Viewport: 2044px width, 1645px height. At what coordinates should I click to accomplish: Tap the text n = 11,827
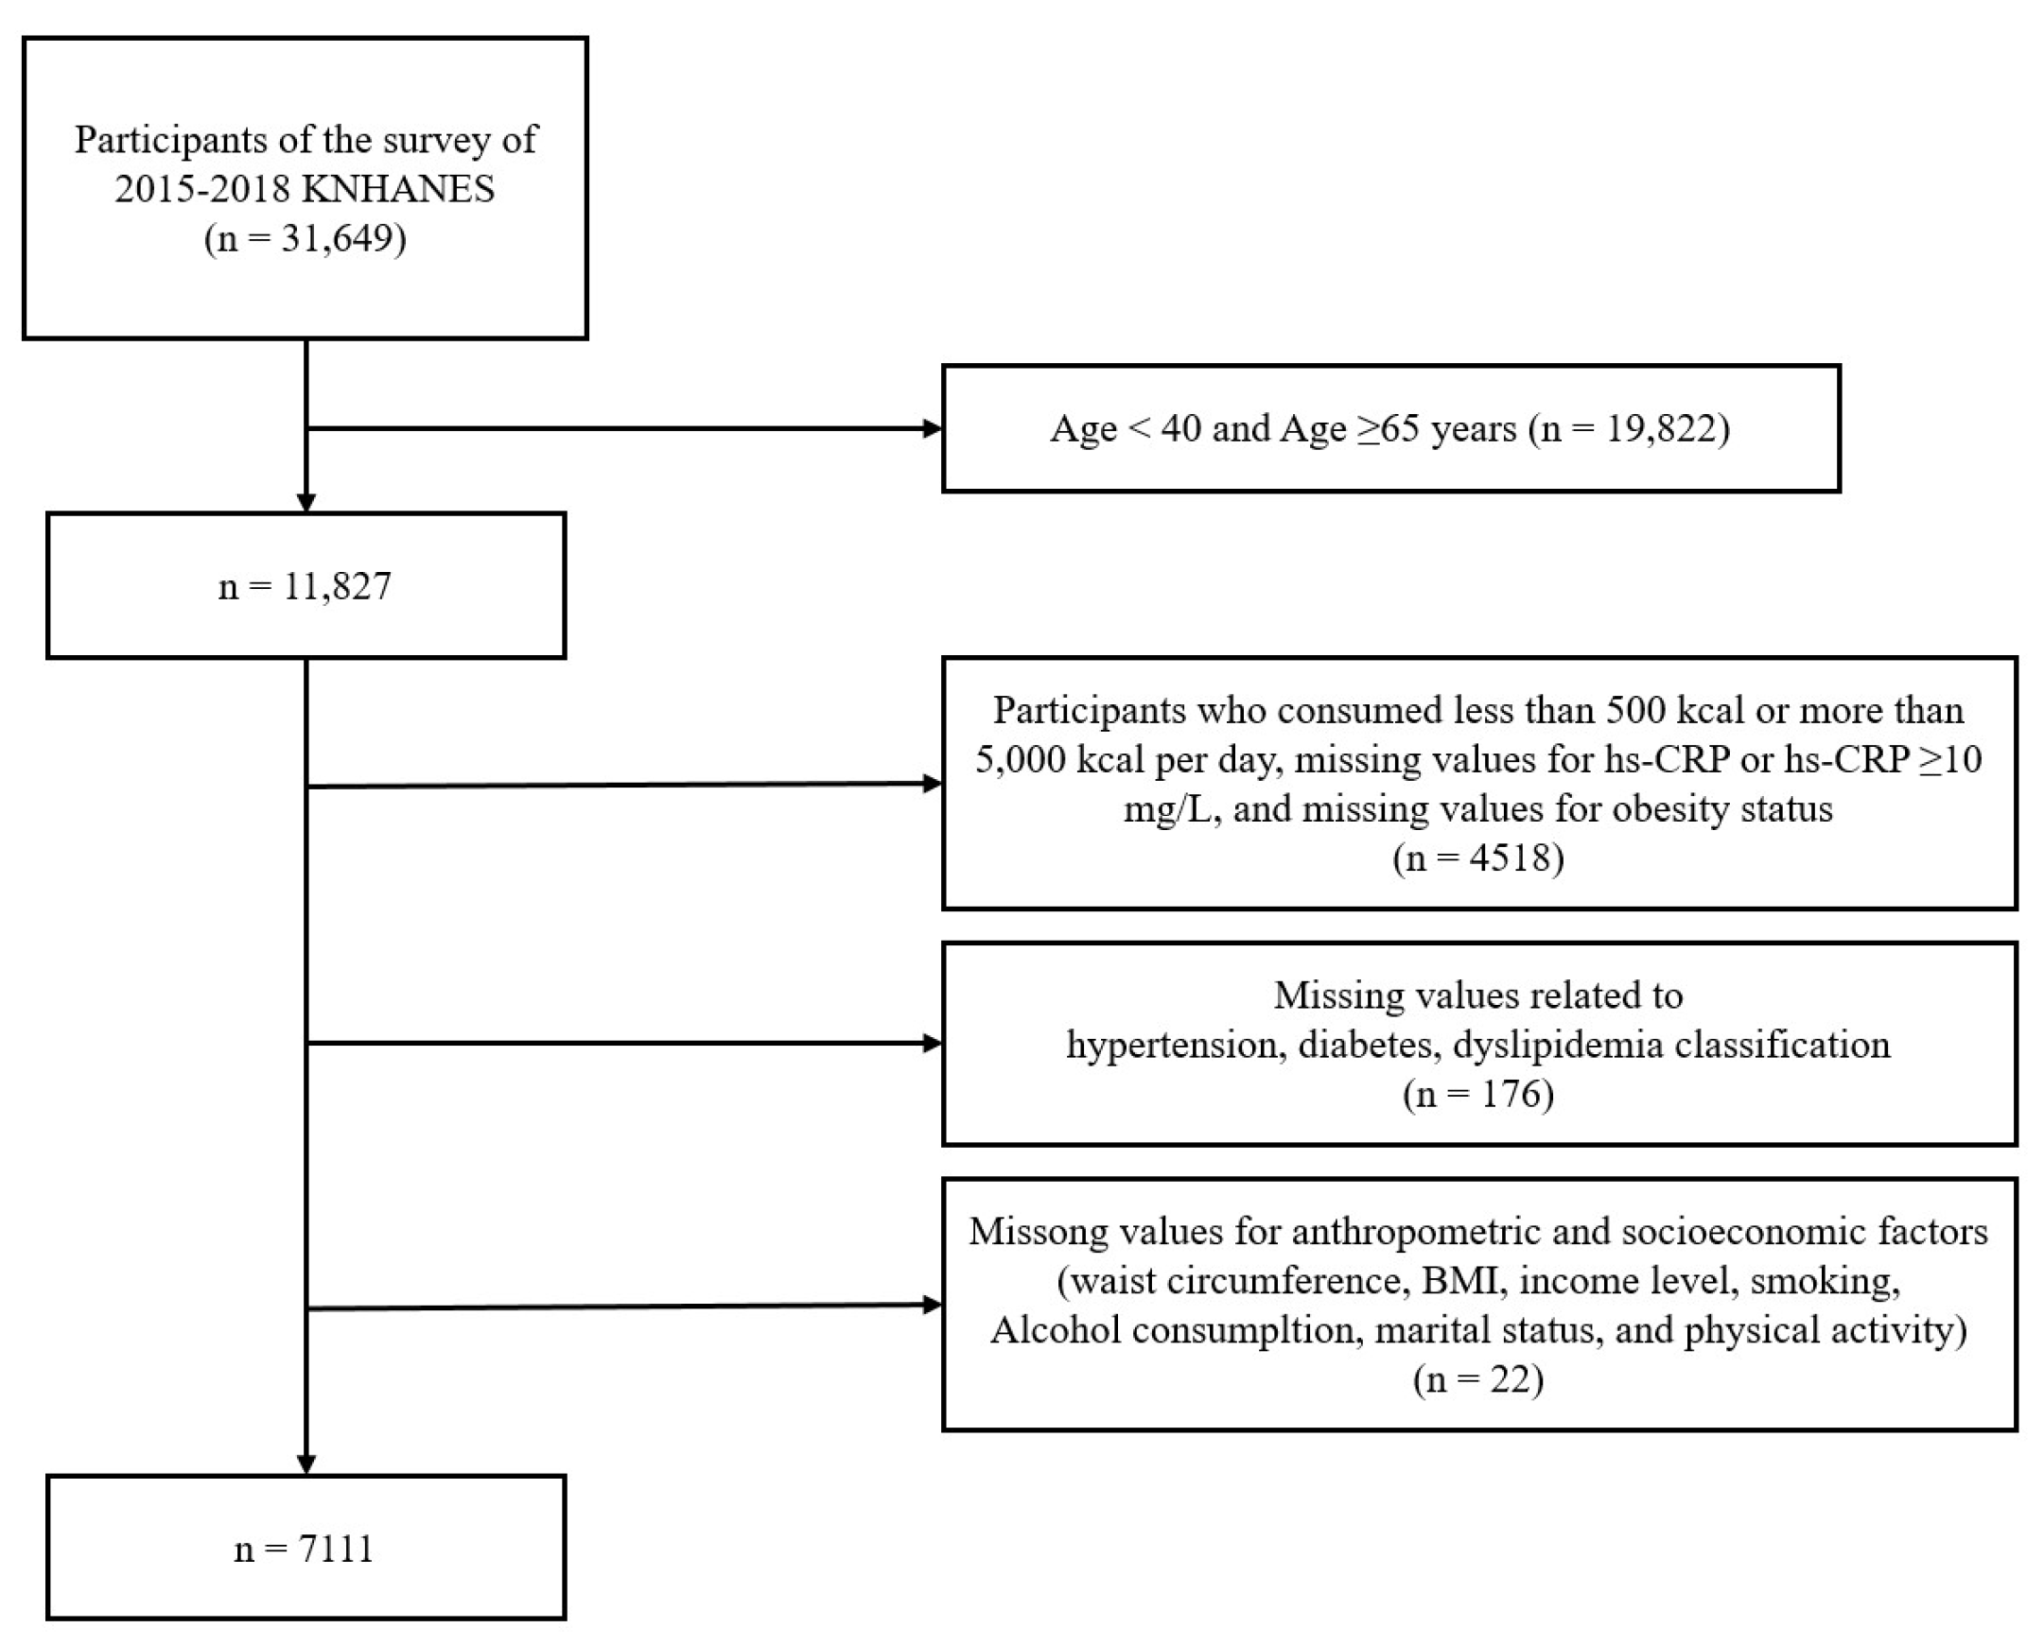click(305, 586)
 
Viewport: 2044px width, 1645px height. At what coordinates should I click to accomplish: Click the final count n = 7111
click(305, 1550)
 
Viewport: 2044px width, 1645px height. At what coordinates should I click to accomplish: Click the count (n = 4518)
click(1478, 858)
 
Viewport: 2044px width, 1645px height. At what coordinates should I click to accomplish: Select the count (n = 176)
click(1478, 1095)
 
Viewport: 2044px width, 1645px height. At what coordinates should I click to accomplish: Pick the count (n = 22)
click(1478, 1379)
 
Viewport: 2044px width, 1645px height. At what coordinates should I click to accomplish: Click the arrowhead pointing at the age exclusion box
click(933, 429)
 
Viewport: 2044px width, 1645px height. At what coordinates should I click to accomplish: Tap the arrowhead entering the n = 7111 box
click(306, 1465)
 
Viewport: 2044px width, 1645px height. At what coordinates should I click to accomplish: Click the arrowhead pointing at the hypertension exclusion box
click(933, 1044)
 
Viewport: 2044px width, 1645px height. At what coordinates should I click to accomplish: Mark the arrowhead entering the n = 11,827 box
click(306, 503)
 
